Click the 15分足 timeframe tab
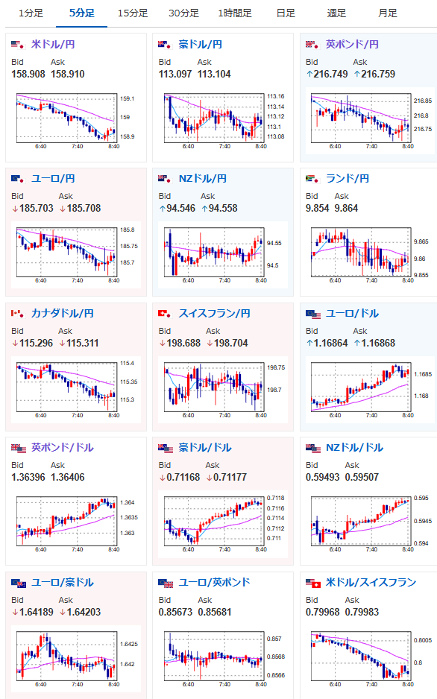(133, 13)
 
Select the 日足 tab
(286, 13)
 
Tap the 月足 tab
(388, 13)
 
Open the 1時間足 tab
(235, 13)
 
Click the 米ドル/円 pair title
(53, 44)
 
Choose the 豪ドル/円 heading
(200, 44)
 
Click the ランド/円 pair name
(348, 179)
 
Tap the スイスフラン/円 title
(215, 314)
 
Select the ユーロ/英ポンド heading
(215, 582)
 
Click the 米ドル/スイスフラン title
(371, 582)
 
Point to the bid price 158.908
(28, 74)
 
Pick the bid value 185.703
(36, 208)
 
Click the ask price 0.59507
(362, 478)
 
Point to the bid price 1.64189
(36, 612)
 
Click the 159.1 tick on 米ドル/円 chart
(127, 98)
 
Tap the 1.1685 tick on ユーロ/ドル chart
(423, 374)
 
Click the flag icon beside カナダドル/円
(17, 314)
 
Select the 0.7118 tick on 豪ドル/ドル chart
(276, 498)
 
